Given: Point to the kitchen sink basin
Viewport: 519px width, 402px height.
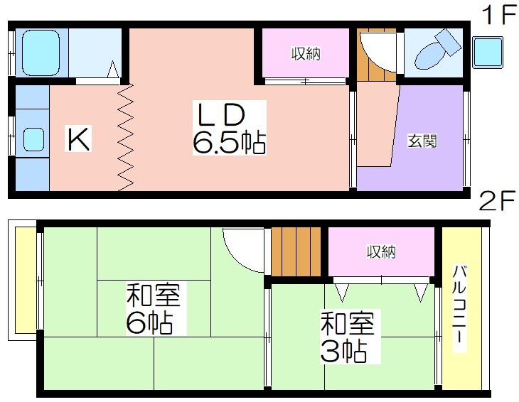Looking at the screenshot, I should tap(33, 138).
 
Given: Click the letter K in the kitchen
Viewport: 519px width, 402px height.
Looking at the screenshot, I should tap(77, 138).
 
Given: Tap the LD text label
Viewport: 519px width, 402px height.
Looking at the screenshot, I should tap(221, 115).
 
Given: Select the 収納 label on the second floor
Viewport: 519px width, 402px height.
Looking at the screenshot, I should tap(380, 251).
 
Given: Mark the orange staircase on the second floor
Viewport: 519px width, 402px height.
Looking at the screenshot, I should tap(298, 251).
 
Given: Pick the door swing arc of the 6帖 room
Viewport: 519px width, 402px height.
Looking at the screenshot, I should tap(243, 249).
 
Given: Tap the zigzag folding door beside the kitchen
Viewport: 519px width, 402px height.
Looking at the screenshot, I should tap(126, 137).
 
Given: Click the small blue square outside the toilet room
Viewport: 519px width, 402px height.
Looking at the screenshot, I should tap(488, 52).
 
